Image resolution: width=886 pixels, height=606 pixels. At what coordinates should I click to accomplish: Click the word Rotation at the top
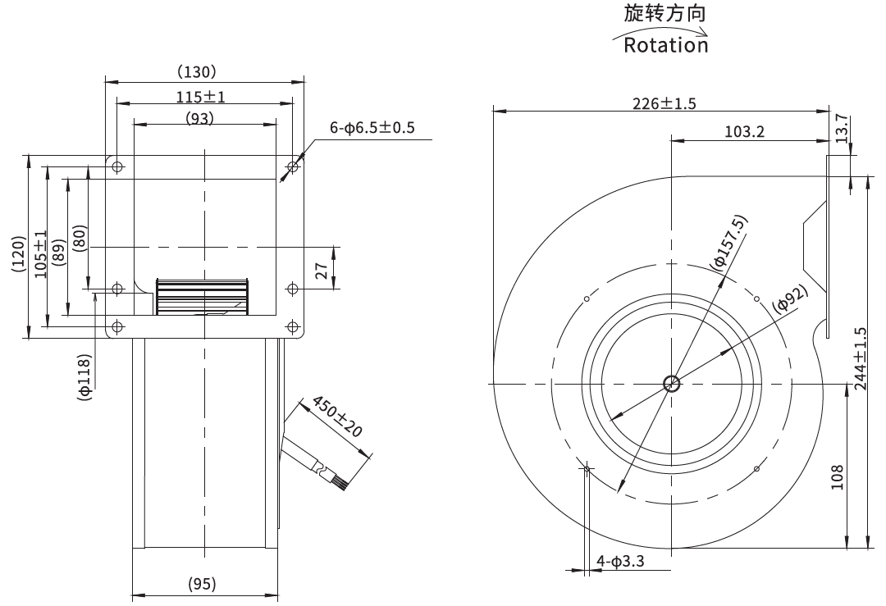click(665, 45)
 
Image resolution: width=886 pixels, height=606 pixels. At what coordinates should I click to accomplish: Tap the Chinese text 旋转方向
click(665, 13)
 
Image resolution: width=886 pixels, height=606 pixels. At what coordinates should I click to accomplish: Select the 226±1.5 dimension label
click(664, 103)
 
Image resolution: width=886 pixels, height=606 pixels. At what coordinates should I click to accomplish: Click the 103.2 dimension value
click(744, 131)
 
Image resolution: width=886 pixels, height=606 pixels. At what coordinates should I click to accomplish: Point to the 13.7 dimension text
click(842, 128)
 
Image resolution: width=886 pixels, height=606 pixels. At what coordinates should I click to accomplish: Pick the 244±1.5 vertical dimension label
click(860, 358)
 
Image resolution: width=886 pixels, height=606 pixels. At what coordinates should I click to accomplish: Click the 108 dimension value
click(837, 477)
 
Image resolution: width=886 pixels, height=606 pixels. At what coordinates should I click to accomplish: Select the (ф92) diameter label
click(791, 298)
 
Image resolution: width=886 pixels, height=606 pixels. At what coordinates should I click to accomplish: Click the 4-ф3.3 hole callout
click(620, 562)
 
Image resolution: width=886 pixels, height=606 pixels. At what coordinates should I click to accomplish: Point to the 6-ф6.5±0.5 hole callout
click(372, 128)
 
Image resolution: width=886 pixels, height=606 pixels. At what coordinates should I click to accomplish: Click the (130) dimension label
click(197, 71)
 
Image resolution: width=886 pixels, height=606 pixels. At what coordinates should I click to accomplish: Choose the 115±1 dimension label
click(201, 97)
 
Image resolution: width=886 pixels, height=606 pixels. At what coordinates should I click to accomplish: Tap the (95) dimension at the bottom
click(202, 583)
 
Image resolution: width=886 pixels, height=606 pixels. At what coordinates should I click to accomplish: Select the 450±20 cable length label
click(337, 417)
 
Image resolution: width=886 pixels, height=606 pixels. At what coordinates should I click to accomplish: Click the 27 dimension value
click(321, 271)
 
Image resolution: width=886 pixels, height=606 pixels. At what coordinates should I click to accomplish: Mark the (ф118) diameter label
click(84, 377)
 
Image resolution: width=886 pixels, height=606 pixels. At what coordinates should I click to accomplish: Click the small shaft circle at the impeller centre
click(672, 384)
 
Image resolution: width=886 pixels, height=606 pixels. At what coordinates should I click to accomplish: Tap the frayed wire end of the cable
click(341, 482)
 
